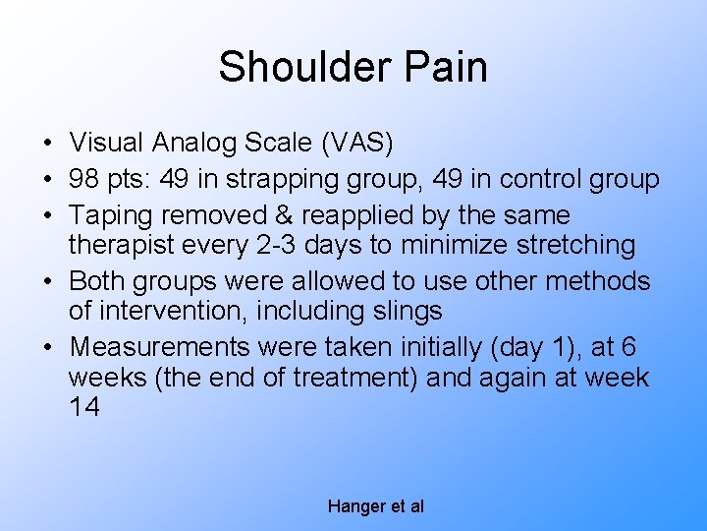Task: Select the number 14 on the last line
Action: pos(85,406)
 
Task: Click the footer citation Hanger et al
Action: pos(375,506)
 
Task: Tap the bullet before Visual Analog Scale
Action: pos(47,145)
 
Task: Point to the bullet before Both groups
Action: pos(47,282)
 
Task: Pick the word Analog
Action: pos(192,144)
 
